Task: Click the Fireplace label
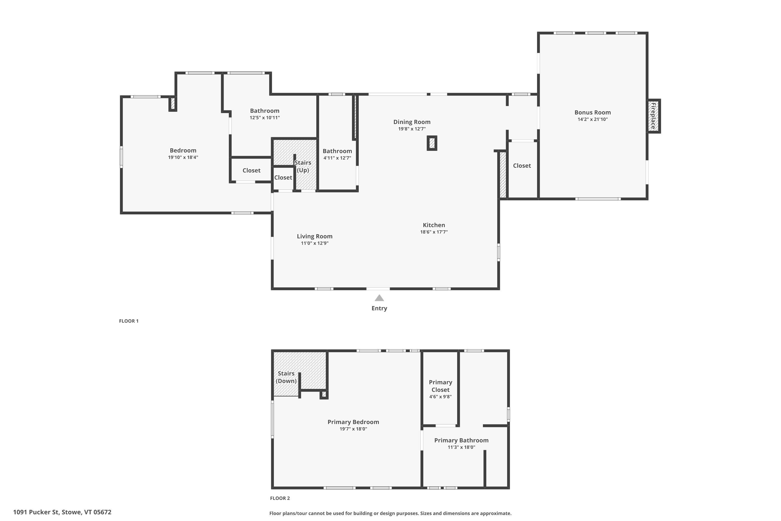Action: click(653, 116)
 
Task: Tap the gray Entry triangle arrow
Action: click(379, 298)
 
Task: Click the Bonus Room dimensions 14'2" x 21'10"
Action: click(593, 119)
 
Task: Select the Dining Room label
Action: click(412, 122)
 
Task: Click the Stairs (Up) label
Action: click(303, 166)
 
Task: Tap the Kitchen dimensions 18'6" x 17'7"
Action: click(434, 232)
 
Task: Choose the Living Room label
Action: click(314, 236)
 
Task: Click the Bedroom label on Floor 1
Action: click(183, 150)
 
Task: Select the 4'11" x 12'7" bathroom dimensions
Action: click(337, 158)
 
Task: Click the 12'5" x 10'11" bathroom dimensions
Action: click(265, 118)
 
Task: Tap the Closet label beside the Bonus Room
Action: click(522, 165)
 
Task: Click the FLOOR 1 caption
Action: click(129, 321)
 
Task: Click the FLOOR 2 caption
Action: click(280, 498)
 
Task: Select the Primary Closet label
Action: click(440, 386)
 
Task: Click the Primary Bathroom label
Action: click(461, 440)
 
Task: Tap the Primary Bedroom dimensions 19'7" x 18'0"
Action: click(353, 429)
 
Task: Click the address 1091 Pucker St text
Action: click(62, 512)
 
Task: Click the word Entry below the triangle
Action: click(379, 308)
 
